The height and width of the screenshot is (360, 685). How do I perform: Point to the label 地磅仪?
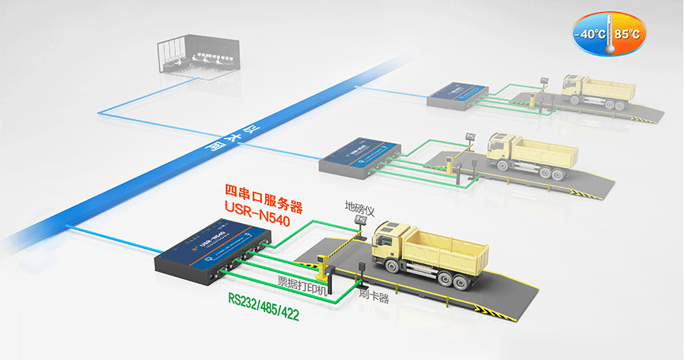pyautogui.click(x=357, y=207)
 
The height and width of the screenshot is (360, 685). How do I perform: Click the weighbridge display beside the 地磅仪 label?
pyautogui.click(x=360, y=222)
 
